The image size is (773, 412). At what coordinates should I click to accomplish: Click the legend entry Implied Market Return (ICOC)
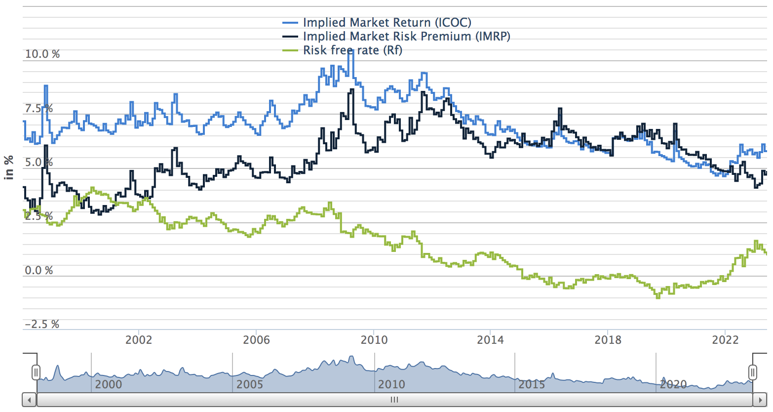click(x=386, y=23)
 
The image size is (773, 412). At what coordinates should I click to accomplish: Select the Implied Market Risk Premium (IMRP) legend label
click(x=406, y=37)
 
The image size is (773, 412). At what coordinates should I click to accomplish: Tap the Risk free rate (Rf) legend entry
click(x=352, y=50)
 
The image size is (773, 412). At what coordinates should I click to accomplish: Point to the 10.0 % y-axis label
click(x=42, y=54)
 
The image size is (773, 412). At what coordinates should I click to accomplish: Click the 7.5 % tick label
click(x=39, y=109)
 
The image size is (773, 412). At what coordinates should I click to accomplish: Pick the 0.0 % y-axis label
click(x=39, y=271)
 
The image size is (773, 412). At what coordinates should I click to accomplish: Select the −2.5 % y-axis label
click(x=42, y=325)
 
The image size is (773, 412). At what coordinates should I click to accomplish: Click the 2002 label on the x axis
click(x=139, y=340)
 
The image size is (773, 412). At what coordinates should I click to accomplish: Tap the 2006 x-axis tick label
click(x=256, y=340)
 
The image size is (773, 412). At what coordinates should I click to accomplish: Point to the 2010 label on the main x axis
click(x=374, y=340)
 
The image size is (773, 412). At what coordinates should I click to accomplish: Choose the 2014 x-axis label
click(x=490, y=340)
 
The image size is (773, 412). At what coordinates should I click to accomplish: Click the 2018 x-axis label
click(x=608, y=340)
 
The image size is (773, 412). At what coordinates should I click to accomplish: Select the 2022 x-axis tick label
click(x=725, y=340)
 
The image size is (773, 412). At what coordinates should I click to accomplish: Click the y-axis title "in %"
click(x=9, y=168)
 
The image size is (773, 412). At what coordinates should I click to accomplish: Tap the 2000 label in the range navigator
click(x=108, y=384)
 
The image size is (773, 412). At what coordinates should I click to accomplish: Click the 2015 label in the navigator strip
click(x=532, y=384)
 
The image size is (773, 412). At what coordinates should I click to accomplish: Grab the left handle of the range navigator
click(x=36, y=372)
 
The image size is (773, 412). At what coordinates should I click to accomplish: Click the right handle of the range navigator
click(x=753, y=372)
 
